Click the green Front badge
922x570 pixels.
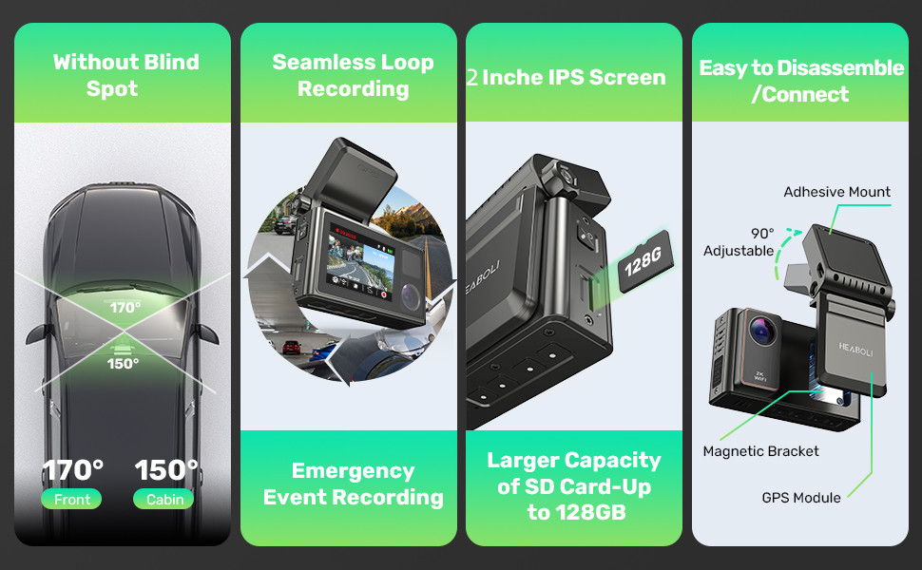pos(72,499)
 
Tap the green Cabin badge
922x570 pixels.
pos(165,499)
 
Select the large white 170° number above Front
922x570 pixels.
pos(72,470)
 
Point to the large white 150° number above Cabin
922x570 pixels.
pos(166,470)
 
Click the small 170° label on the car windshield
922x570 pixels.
pos(125,307)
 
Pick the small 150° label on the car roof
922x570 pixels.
pos(123,363)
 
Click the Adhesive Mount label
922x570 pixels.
pos(836,192)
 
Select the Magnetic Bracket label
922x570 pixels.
pos(760,451)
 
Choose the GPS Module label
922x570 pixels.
pos(800,498)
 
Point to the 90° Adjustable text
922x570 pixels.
pos(739,242)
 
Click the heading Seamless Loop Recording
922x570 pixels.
pos(353,75)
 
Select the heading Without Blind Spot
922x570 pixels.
pos(125,75)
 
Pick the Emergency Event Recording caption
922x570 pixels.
pos(353,484)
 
